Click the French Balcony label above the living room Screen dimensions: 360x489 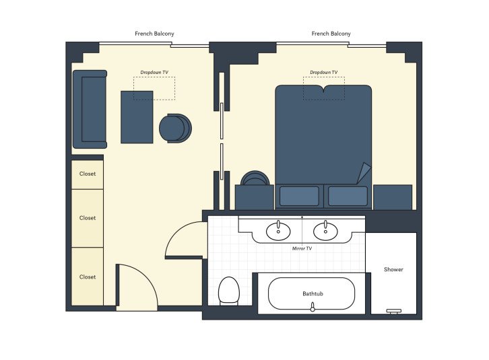(155, 34)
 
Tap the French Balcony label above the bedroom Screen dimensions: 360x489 (331, 34)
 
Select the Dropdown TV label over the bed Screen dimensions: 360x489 (323, 72)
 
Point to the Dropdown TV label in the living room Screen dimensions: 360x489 (154, 72)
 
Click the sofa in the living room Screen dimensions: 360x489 (90, 109)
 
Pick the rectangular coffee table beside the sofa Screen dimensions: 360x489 (137, 116)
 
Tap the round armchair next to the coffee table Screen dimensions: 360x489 (175, 128)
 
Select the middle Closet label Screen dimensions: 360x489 (88, 218)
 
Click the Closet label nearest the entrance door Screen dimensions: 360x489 (88, 277)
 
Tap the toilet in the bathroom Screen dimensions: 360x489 (229, 291)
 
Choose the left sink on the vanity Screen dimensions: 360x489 (278, 230)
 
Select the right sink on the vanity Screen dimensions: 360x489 (325, 230)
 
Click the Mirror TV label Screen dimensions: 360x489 (301, 248)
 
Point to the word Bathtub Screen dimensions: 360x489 (312, 294)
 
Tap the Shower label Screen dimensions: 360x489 (393, 270)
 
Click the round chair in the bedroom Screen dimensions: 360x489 (256, 179)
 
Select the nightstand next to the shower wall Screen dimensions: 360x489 (392, 197)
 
